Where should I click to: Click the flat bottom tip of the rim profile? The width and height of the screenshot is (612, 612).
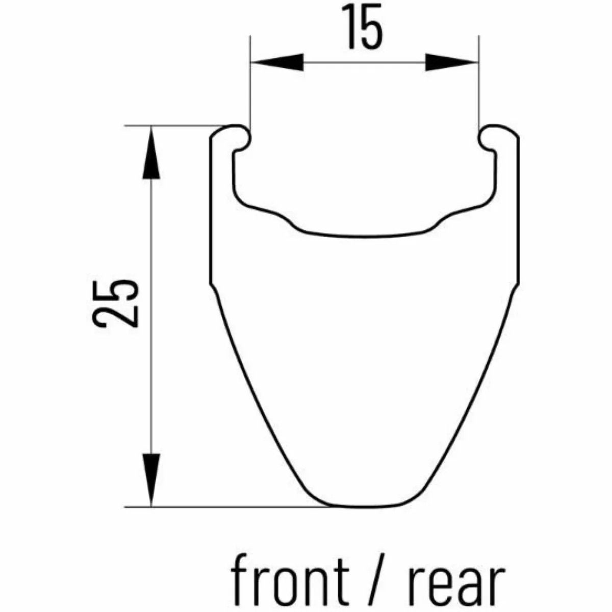364,506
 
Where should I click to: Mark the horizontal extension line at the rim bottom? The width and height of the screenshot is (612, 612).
229,507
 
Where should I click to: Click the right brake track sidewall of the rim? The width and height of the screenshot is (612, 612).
518,214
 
